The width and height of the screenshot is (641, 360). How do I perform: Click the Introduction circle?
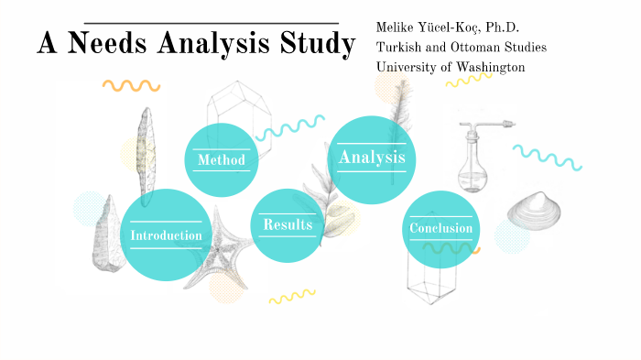coord(166,235)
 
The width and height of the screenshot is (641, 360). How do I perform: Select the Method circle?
coord(221,160)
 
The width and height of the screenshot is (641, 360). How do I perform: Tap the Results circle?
coord(288,224)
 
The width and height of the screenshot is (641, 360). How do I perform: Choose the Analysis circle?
coord(372,158)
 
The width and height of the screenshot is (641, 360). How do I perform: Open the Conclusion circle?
coord(440,228)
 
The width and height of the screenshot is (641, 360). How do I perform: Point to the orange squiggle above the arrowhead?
coord(131,85)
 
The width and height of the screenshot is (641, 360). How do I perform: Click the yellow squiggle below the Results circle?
coord(291,296)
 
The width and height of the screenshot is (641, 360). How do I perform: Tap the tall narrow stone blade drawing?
coord(143,156)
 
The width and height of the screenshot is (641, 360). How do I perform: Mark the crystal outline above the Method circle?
coord(238,108)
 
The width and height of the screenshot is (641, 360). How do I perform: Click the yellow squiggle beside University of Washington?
coord(468,81)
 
